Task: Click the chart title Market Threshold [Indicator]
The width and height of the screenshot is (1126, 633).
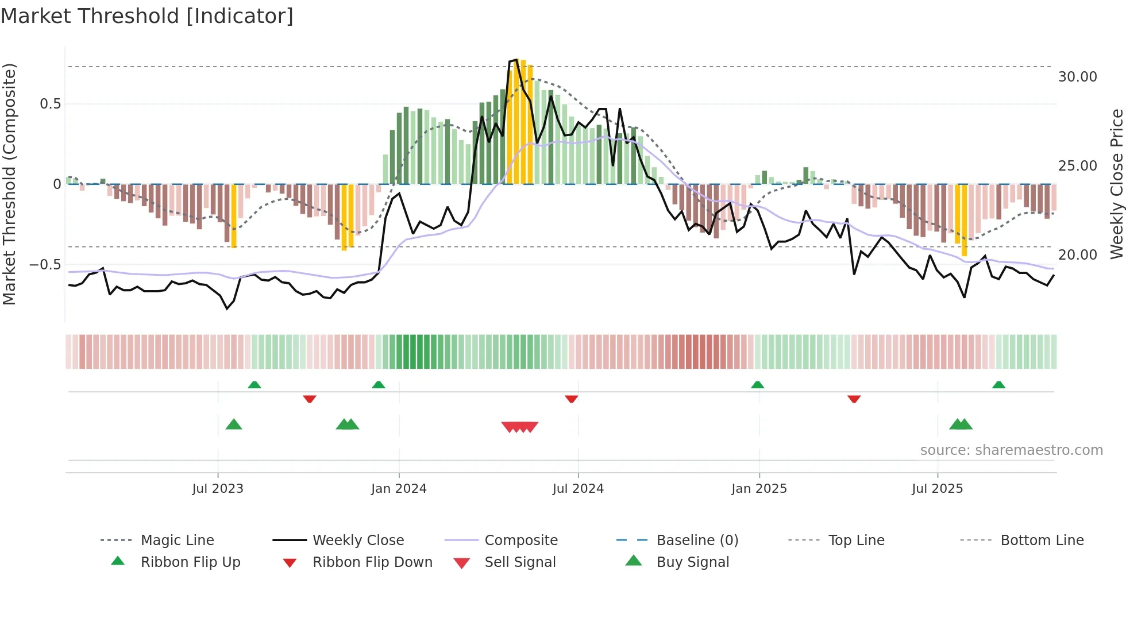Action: coord(147,16)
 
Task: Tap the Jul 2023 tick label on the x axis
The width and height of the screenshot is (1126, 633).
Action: coord(218,489)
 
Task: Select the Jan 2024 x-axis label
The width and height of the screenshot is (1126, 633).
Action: coord(399,489)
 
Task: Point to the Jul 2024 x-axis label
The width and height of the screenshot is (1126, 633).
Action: coord(578,489)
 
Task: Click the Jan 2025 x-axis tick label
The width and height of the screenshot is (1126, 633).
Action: coord(759,489)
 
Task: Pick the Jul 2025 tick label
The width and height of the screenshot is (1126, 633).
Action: coord(937,489)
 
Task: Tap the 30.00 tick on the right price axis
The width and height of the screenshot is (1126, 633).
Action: coord(1077,77)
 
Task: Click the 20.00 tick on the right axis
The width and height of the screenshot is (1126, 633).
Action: coord(1077,255)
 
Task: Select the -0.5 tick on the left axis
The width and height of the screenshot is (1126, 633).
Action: coord(45,265)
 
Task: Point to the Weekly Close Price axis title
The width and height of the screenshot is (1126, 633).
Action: coord(1116,184)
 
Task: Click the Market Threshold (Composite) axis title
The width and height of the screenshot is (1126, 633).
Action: coord(9,184)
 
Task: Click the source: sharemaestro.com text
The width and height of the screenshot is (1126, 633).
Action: coord(1011,450)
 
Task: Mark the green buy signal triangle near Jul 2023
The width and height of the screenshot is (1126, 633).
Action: coord(234,425)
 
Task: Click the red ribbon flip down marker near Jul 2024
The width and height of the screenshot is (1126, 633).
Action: coord(571,399)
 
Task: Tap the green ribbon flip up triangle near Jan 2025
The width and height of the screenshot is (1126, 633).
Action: coord(757,385)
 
